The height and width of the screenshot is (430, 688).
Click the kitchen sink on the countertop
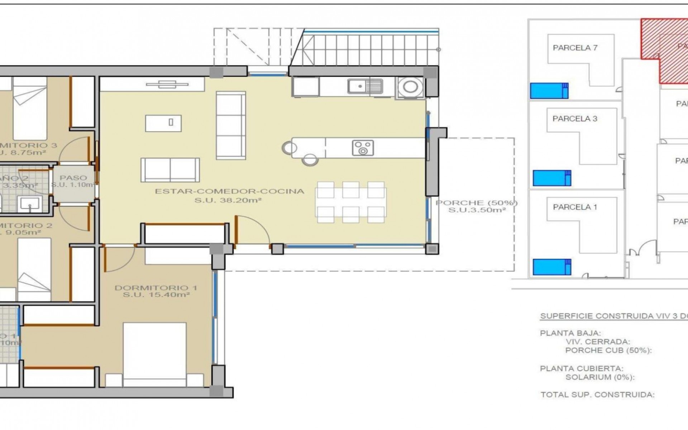pyautogui.click(x=365, y=86)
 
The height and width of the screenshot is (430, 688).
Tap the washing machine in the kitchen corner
pyautogui.click(x=410, y=87)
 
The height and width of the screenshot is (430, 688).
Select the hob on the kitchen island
pyautogui.click(x=363, y=148)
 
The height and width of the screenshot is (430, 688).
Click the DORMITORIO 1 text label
pyautogui.click(x=156, y=288)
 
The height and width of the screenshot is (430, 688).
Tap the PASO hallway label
pyautogui.click(x=73, y=178)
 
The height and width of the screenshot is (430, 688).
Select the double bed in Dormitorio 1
pyautogui.click(x=154, y=353)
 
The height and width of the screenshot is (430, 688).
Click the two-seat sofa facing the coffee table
pyautogui.click(x=170, y=170)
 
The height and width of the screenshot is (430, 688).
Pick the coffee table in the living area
pyautogui.click(x=163, y=123)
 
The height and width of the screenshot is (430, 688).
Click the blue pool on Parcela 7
pyautogui.click(x=549, y=91)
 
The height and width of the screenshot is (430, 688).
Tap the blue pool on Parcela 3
pyautogui.click(x=552, y=178)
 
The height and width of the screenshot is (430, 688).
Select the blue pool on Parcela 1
pyautogui.click(x=552, y=267)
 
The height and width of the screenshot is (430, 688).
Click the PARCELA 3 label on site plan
pyautogui.click(x=575, y=119)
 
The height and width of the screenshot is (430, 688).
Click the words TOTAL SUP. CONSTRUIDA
pyautogui.click(x=597, y=395)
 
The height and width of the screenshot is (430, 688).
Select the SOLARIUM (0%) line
pyautogui.click(x=600, y=377)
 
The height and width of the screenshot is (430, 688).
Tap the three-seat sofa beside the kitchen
pyautogui.click(x=231, y=125)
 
